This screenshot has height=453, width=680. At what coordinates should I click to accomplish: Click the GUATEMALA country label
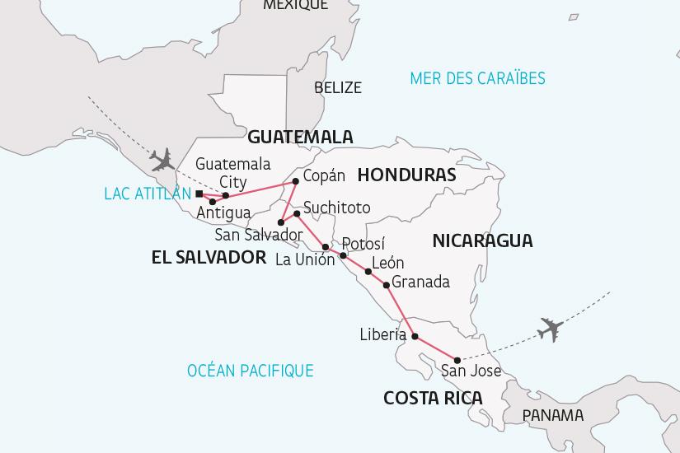click(x=300, y=137)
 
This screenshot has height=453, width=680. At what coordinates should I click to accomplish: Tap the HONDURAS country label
click(x=407, y=175)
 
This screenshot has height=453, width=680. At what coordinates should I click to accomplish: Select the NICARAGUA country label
click(x=482, y=241)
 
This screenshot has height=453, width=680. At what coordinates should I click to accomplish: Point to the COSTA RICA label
click(x=433, y=398)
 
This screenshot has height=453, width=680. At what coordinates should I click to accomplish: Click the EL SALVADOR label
click(x=209, y=258)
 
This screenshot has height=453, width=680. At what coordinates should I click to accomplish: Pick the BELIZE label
click(x=337, y=88)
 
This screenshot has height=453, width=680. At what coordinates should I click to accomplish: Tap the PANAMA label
click(x=553, y=415)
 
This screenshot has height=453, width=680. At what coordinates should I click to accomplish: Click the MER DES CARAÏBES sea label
click(x=478, y=78)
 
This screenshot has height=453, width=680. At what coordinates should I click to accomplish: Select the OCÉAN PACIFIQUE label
click(x=250, y=371)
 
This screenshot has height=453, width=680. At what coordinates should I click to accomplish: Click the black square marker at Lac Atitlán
click(x=199, y=194)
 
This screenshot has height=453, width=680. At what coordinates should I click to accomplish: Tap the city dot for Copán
click(x=295, y=180)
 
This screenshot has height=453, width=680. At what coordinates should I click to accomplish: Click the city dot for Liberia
click(x=415, y=335)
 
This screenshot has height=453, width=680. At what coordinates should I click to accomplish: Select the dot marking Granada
click(x=387, y=285)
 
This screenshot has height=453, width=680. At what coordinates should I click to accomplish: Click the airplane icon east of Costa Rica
click(x=549, y=329)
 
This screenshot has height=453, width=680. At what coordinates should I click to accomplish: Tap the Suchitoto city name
click(x=336, y=208)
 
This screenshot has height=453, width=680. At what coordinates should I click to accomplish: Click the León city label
click(x=388, y=264)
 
